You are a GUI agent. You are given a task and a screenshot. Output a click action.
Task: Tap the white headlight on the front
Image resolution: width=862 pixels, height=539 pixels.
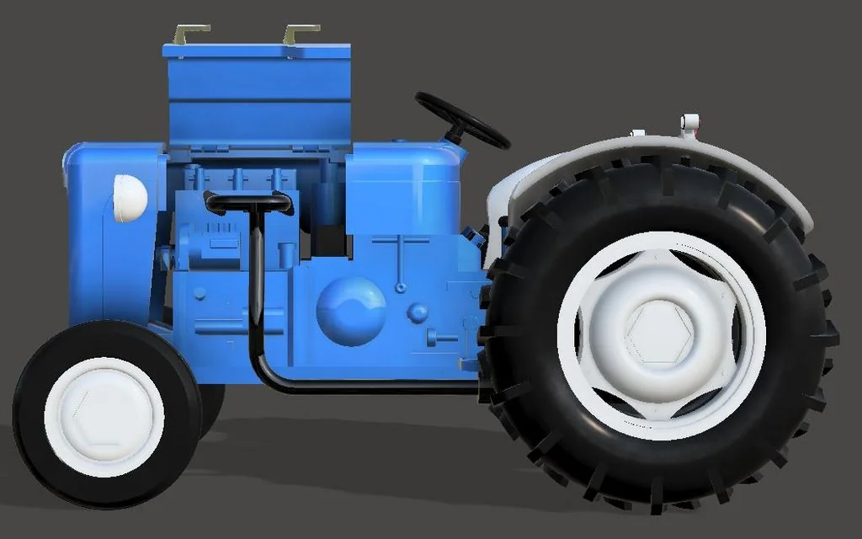pos(130,198)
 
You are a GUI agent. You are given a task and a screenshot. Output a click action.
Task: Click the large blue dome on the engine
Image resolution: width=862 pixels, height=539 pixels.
pos(351,310)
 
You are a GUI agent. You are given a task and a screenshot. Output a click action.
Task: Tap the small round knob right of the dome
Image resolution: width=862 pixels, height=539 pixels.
pos(418,312)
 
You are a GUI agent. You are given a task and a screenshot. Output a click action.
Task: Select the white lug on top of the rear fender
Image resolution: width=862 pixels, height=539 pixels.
pos(689,124)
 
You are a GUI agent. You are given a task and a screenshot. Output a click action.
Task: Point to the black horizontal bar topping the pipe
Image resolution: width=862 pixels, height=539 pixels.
pos(248,202)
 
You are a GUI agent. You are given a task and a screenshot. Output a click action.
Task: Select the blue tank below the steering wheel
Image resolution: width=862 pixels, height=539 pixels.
pos(402,189)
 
